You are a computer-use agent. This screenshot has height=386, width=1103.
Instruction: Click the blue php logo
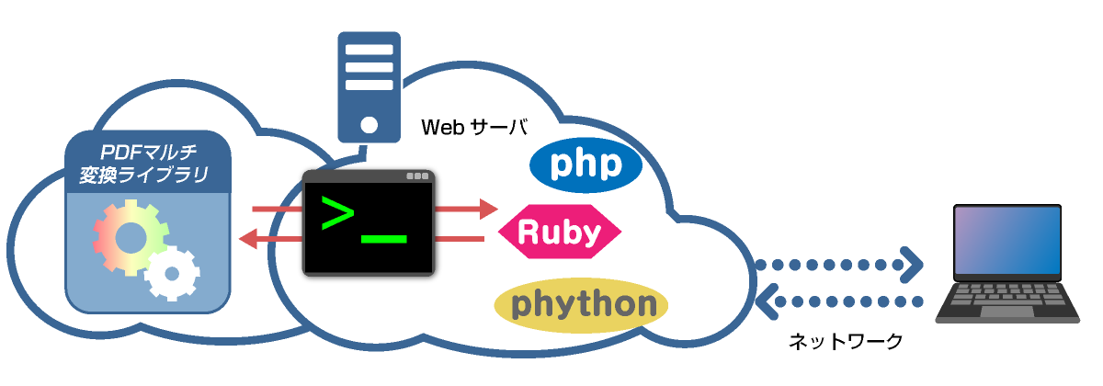(586, 165)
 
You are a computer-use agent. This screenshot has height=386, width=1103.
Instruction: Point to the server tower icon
(369, 86)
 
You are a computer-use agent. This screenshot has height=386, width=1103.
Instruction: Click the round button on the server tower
(369, 124)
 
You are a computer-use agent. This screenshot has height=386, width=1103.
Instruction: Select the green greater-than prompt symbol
(335, 213)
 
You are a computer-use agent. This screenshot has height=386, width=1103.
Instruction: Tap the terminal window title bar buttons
(416, 176)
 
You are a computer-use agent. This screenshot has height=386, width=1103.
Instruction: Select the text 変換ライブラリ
(148, 173)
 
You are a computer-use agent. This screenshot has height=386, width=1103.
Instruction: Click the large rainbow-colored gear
(131, 237)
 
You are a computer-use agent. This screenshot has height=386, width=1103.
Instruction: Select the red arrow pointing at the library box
(271, 240)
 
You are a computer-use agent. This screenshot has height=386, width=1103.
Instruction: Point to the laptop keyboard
(1006, 295)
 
